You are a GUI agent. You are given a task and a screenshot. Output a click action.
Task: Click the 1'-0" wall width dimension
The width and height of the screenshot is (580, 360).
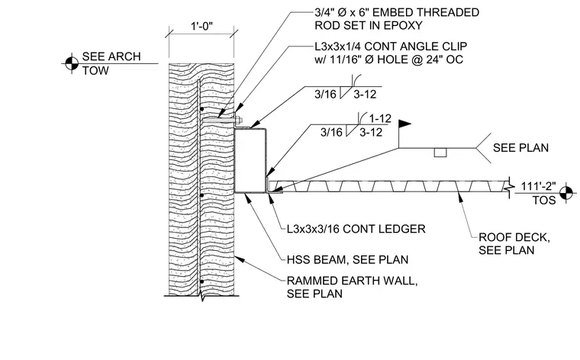pos(201,26)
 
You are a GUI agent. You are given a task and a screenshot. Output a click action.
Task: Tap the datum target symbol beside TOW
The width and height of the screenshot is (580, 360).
pos(72,63)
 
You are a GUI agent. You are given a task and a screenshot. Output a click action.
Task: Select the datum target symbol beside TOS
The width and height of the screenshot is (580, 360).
pos(566,192)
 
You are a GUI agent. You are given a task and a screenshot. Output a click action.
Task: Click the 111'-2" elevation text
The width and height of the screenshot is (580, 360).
pos(538,186)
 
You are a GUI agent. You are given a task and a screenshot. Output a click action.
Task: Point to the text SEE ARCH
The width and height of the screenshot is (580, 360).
pos(111,56)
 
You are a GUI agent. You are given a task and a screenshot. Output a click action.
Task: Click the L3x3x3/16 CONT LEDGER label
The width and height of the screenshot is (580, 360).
pos(356,229)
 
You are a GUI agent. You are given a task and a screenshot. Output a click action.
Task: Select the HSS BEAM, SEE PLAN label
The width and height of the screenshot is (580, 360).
pos(348,259)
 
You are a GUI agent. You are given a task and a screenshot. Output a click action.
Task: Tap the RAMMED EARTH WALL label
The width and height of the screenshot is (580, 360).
pos(352,281)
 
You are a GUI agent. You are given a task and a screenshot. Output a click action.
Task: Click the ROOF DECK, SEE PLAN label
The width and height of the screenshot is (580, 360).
pos(514,243)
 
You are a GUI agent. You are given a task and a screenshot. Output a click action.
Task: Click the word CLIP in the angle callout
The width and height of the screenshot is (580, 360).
pos(456,47)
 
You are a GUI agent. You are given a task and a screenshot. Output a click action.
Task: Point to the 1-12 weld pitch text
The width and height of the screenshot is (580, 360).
pos(380,119)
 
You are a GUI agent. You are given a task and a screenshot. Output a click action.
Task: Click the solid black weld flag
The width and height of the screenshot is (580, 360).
pos(404,124)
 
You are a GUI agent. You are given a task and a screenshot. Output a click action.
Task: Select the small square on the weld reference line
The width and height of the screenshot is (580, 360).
pos(440,153)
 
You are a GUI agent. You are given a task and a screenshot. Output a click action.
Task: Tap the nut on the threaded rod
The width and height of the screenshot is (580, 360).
pos(239,120)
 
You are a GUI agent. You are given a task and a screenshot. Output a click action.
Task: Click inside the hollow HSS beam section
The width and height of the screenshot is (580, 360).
pos(250,160)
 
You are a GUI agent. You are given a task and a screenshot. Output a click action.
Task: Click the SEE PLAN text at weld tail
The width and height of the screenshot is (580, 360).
pos(520,148)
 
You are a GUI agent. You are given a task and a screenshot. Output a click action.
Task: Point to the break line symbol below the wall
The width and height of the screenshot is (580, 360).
pos(201,296)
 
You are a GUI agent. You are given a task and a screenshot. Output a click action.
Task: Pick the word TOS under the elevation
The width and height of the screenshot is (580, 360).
pos(544,201)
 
